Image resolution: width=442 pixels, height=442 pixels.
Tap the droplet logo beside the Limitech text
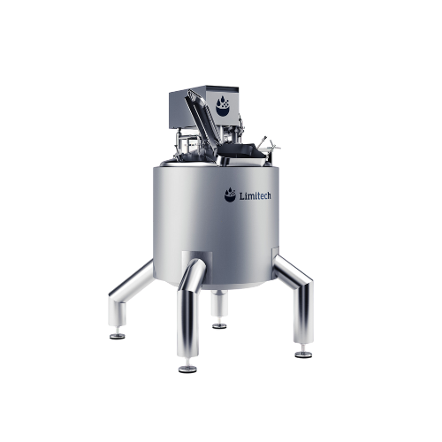[230, 194]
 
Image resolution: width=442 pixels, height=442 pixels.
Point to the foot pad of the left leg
[116, 335]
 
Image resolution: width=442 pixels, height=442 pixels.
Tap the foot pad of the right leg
[303, 354]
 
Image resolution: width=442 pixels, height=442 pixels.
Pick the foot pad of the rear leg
[219, 324]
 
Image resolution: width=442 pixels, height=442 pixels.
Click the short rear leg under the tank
[219, 305]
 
